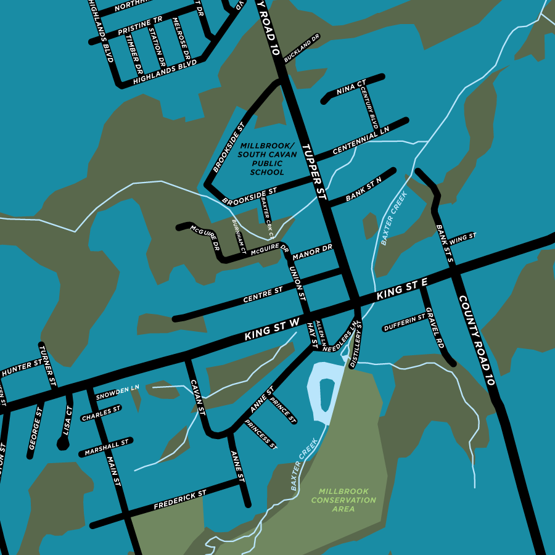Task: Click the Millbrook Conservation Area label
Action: tap(344, 500)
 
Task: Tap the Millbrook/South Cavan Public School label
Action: tap(267, 158)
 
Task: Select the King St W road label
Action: tap(272, 330)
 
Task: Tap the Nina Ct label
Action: tap(351, 88)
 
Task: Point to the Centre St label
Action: tap(263, 295)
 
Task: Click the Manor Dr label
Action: tap(313, 252)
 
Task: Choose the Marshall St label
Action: tap(107, 447)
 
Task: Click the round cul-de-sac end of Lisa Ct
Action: tap(63, 443)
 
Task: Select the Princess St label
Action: tap(261, 434)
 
